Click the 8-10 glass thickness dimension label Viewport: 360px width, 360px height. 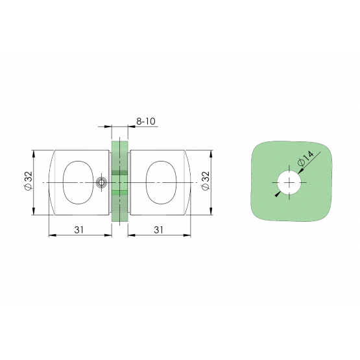point(146,121)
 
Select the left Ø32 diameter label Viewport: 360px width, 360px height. point(29,181)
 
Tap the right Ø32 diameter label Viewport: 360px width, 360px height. point(206,181)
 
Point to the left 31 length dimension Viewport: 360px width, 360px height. point(79,230)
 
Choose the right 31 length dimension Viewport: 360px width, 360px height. point(158,230)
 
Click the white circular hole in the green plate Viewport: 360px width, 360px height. point(289,182)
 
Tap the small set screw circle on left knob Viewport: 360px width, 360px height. point(101,183)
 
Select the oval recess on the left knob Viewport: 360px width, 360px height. point(78,182)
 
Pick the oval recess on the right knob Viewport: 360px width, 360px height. point(161,182)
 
